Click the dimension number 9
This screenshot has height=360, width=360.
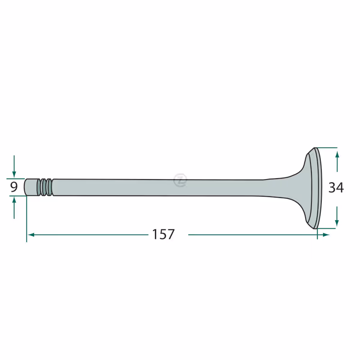tap(14, 187)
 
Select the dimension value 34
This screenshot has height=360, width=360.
tap(336, 187)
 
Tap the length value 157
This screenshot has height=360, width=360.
tap(163, 234)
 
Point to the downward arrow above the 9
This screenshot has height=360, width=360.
tap(14, 166)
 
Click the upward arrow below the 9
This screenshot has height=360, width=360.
tap(14, 208)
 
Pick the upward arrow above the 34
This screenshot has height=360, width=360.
tap(337, 162)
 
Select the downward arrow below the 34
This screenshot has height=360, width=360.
tap(337, 216)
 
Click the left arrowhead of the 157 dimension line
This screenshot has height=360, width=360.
tap(31, 234)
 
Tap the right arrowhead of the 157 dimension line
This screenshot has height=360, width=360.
tap(326, 234)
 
